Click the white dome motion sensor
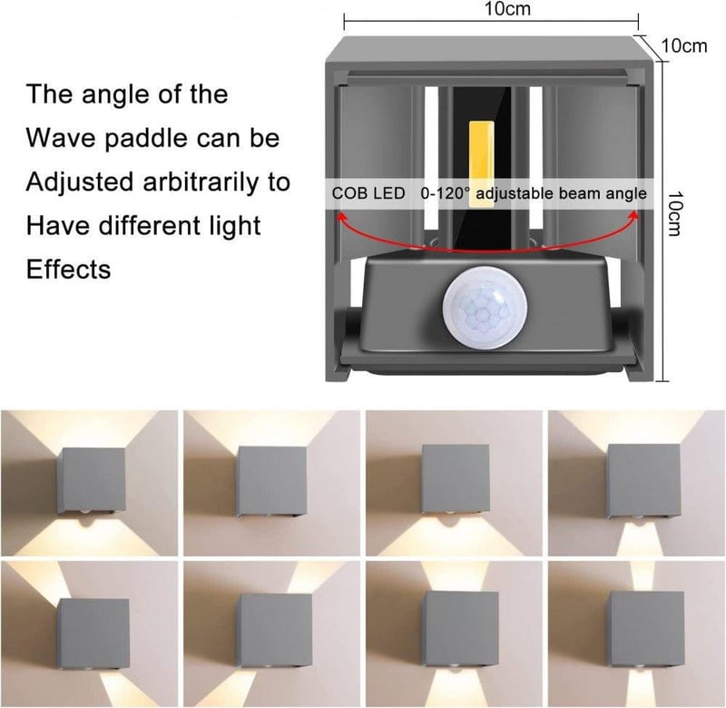coord(485,308)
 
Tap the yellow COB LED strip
coord(482,163)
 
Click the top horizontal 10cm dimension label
coord(507,8)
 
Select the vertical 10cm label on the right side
coord(674,213)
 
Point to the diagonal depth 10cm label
coord(684,46)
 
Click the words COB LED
coord(368,193)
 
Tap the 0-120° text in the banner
coord(445,193)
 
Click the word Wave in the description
coord(61,138)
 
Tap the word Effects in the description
coord(69,269)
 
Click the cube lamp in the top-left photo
coord(92,481)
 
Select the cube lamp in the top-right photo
coord(643,481)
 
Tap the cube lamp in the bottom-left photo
coord(93,634)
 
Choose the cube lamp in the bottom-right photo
coord(644,629)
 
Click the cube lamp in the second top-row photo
coord(270,481)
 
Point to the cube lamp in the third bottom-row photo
coord(460,629)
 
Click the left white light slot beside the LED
coord(430,157)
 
